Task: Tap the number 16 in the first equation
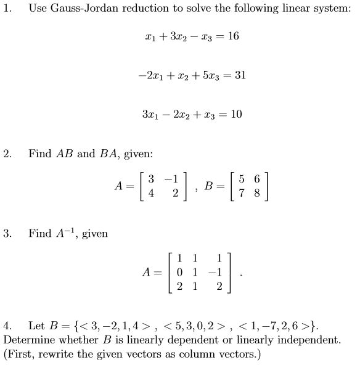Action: pyautogui.click(x=232, y=36)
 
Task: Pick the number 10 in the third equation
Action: pyautogui.click(x=235, y=115)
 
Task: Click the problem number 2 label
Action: pyautogui.click(x=7, y=154)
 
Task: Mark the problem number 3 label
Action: pyautogui.click(x=7, y=233)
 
